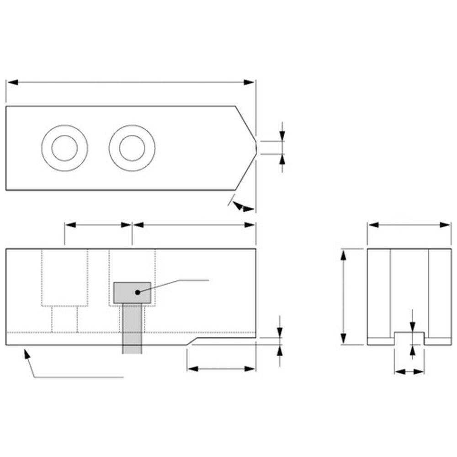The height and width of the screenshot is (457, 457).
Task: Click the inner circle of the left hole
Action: click(64, 148)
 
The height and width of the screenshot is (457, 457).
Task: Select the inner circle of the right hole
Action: click(132, 148)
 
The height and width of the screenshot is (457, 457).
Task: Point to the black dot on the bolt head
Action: click(137, 291)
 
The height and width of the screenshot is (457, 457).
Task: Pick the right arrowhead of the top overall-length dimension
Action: click(250, 82)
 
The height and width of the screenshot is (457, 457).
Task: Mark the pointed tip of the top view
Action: click(255, 148)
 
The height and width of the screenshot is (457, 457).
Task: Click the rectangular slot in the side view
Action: click(409, 338)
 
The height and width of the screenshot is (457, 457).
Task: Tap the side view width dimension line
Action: click(409, 224)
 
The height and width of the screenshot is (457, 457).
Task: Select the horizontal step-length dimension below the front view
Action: click(221, 368)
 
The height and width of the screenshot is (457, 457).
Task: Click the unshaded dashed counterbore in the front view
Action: click(64, 278)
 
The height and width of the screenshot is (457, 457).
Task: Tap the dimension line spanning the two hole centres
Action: click(98, 224)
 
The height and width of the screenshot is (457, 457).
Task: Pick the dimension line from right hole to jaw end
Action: click(193, 224)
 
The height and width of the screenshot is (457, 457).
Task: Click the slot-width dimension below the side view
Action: click(409, 372)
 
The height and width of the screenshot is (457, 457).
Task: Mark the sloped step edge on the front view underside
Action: click(191, 341)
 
